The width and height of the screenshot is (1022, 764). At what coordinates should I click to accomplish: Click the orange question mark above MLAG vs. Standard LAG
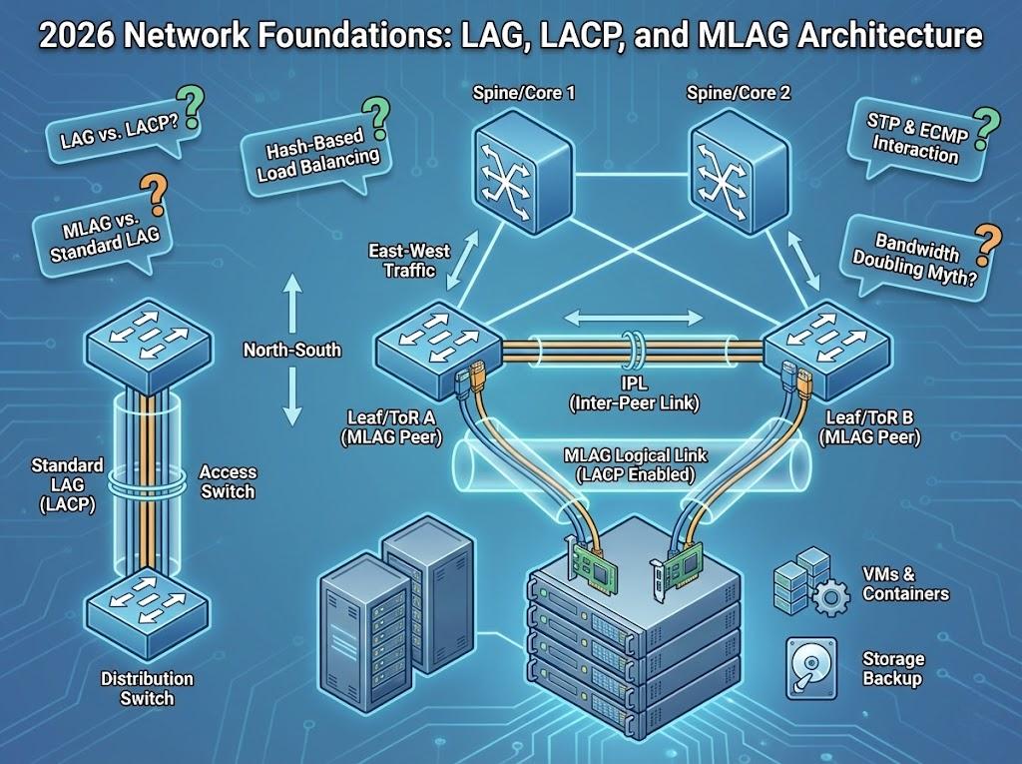(x=153, y=190)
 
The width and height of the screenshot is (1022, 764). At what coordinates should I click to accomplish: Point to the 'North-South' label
(x=291, y=351)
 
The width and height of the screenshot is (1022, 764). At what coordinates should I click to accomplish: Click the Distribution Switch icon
(x=147, y=599)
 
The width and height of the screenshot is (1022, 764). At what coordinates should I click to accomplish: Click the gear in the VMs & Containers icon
(x=830, y=599)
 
